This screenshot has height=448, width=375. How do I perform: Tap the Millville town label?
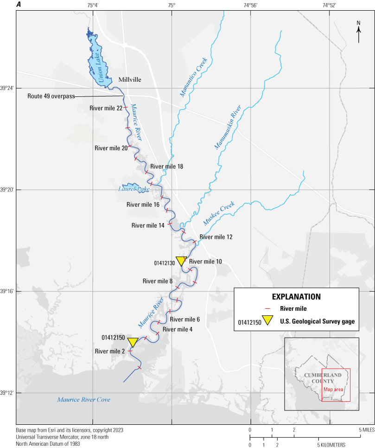tap(130, 80)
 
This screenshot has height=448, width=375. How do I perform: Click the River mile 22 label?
tap(106, 108)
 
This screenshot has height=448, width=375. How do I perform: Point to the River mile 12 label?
tap(216, 237)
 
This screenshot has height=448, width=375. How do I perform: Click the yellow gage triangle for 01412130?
tap(181, 260)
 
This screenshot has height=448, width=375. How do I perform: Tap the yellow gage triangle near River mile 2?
tap(133, 342)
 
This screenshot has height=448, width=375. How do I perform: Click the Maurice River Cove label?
tap(83, 399)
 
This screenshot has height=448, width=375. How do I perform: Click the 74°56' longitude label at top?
tap(250, 6)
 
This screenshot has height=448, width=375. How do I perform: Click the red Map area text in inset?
tap(333, 389)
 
